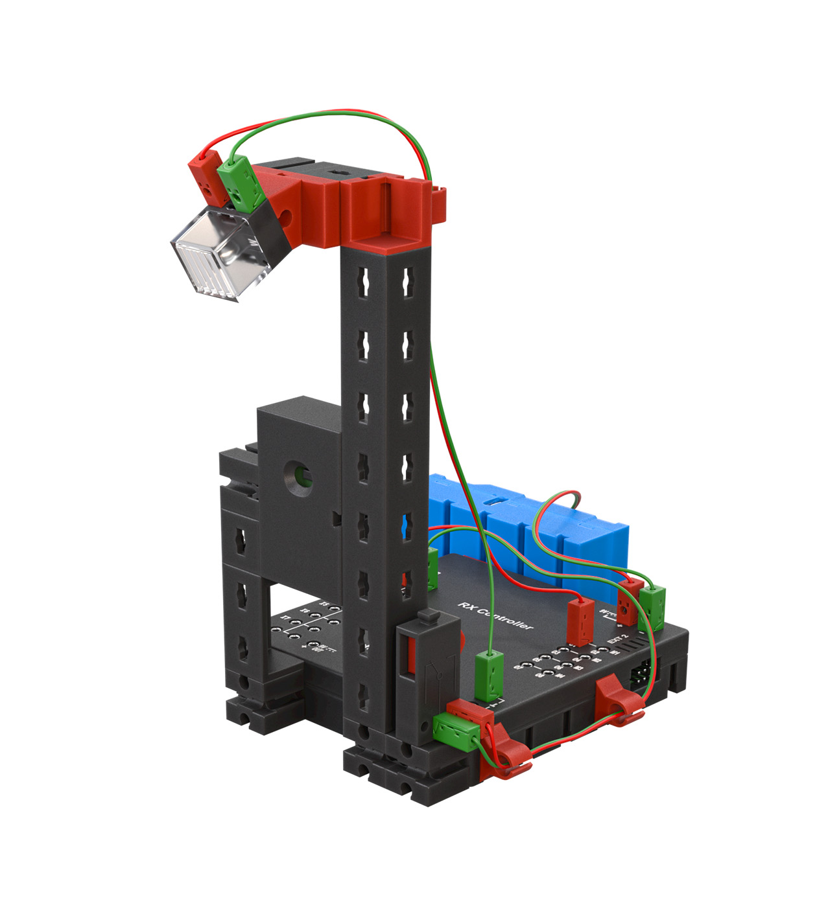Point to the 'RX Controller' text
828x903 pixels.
coord(495,615)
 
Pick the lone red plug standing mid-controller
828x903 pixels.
coord(581,621)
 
